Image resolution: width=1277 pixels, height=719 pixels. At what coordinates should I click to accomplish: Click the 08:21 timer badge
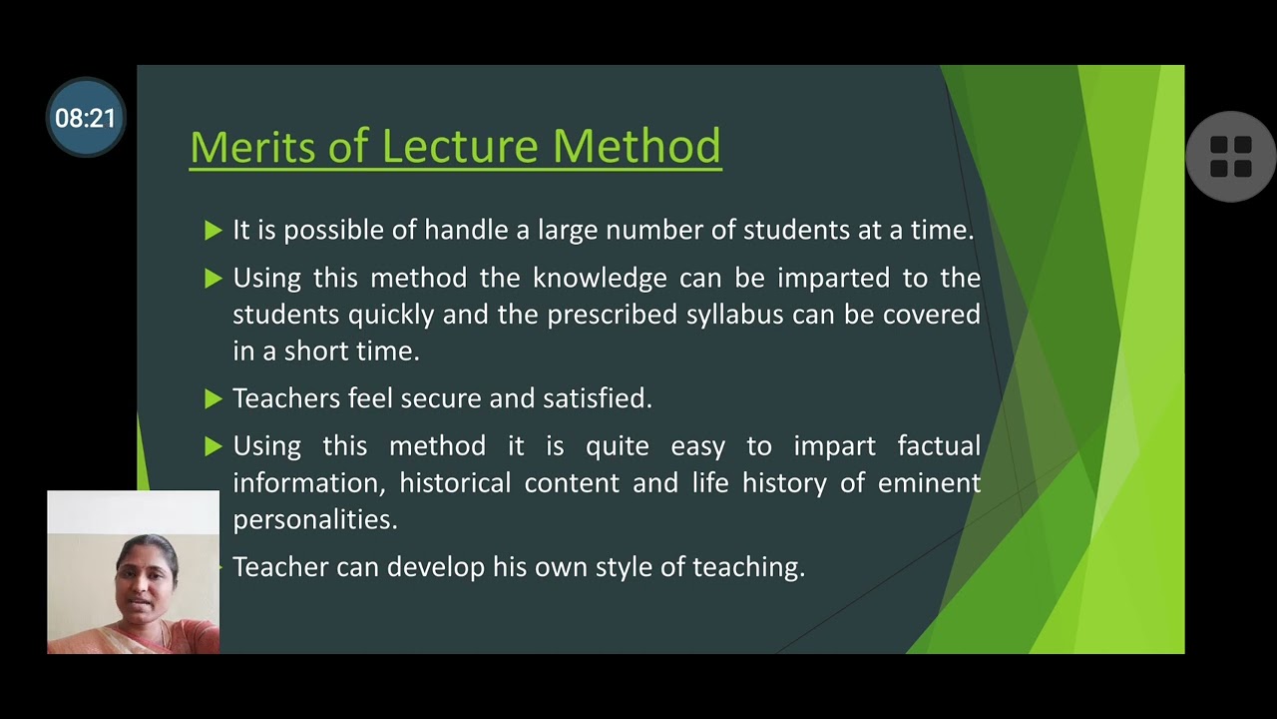[x=86, y=118]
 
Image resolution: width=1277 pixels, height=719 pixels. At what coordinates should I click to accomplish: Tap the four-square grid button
[x=1230, y=157]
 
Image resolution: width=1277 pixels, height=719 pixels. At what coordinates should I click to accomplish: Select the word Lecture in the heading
[x=460, y=147]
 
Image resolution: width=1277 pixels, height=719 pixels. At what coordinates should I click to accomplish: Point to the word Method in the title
[x=637, y=147]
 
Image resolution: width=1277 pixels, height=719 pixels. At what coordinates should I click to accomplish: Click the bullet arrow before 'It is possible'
[x=213, y=231]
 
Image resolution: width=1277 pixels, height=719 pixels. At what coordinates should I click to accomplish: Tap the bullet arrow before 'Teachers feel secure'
[x=213, y=399]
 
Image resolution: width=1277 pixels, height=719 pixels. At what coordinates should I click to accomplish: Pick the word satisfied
[x=597, y=398]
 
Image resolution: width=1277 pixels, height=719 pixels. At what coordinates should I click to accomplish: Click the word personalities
[x=314, y=520]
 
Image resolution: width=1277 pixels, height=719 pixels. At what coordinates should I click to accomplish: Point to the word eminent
[x=929, y=483]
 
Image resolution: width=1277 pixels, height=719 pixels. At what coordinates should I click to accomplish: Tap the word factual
[x=939, y=445]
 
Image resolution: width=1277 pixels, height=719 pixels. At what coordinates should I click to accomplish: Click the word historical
[x=456, y=483]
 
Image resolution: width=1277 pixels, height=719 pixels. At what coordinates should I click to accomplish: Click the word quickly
[x=390, y=315]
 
